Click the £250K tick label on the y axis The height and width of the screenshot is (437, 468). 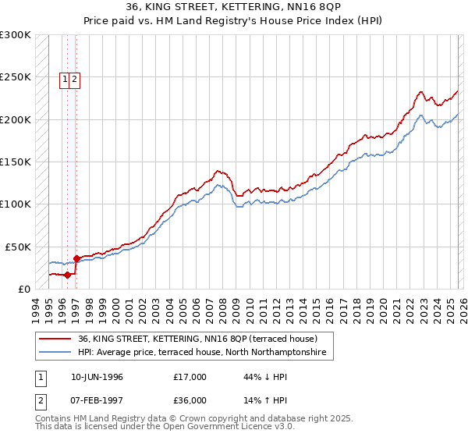(16, 77)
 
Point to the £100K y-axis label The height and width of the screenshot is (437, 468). (16, 204)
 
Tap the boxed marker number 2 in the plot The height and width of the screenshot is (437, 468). (74, 78)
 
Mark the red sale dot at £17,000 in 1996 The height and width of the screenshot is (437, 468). (68, 275)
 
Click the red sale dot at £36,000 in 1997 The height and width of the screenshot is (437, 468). (76, 258)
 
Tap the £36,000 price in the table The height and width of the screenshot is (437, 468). (190, 400)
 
